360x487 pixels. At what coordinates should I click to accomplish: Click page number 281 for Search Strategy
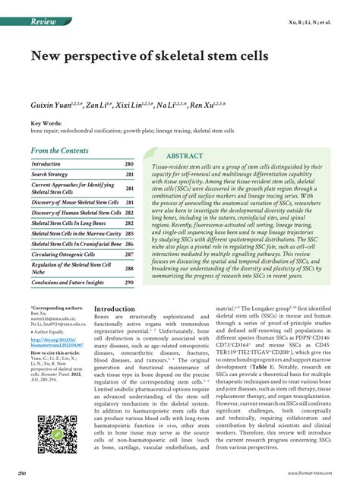[x=129, y=174]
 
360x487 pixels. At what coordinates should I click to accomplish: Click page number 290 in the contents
[x=129, y=282]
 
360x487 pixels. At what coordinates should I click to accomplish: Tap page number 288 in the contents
[x=129, y=268]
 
